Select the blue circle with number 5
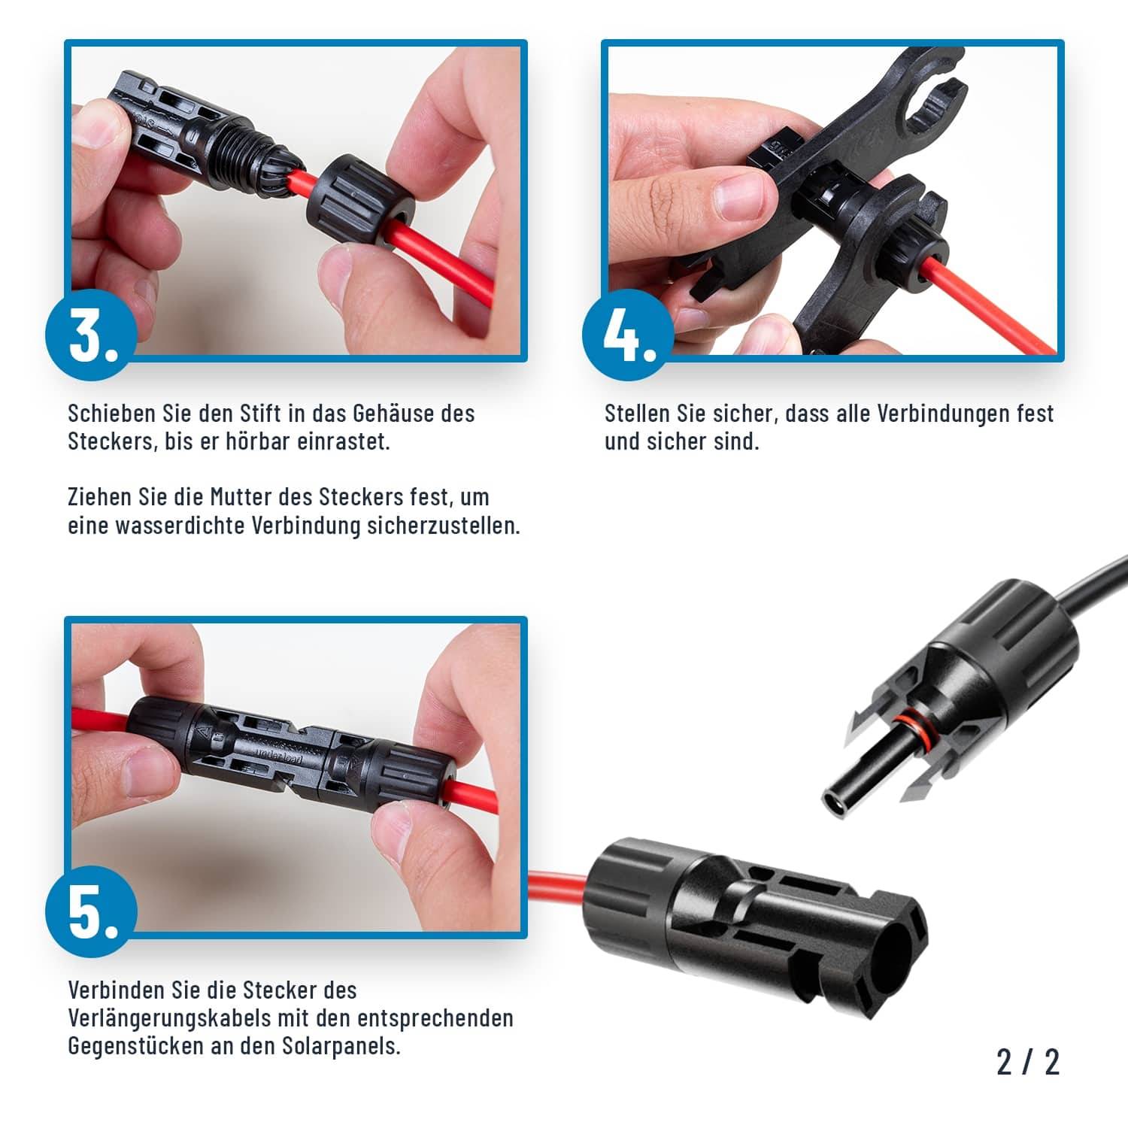click(92, 911)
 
